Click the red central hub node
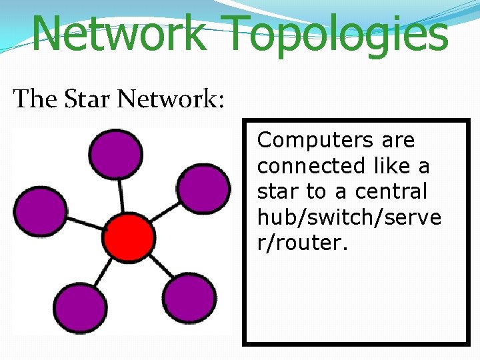pos(129,237)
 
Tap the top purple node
pos(116,154)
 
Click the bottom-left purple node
pos(79,307)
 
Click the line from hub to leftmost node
pos(85,224)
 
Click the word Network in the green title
pos(118,33)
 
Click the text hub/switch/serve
pos(349,217)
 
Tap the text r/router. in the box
pos(303,243)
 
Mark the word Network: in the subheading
pos(172,99)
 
